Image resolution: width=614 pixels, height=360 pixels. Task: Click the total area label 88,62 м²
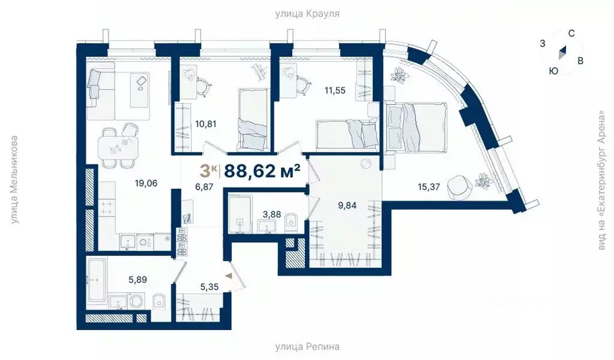pyautogui.click(x=262, y=172)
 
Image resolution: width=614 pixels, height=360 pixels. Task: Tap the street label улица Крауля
pyautogui.click(x=307, y=13)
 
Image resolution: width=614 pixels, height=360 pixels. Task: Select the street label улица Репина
pyautogui.click(x=307, y=347)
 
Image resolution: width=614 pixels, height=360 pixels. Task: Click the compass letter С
pyautogui.click(x=571, y=34)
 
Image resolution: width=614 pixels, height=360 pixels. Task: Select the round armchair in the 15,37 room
pyautogui.click(x=460, y=185)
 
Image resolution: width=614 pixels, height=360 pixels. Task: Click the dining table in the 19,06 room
pyautogui.click(x=118, y=145)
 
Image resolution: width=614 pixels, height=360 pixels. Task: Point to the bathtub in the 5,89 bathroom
pyautogui.click(x=96, y=280)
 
